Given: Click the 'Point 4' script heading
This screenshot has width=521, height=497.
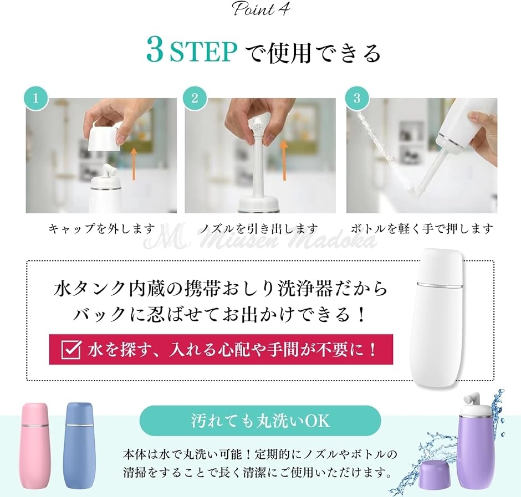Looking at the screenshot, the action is click(261, 9).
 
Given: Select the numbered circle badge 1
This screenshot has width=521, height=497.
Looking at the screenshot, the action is click(35, 98).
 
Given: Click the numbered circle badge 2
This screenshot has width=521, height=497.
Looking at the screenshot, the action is click(195, 98).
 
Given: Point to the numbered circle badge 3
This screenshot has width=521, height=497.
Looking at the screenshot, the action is click(356, 98).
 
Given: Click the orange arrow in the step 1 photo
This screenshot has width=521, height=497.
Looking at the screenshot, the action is click(134, 164).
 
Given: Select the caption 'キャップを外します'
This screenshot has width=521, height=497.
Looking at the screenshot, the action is click(101, 229).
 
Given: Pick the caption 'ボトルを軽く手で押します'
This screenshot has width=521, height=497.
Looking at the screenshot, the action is click(422, 229).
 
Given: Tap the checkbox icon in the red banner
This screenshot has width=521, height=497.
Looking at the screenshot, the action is click(71, 350).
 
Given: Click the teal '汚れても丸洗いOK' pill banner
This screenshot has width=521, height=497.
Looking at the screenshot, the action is click(260, 421).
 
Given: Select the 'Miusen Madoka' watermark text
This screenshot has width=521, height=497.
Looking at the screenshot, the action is click(260, 240).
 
